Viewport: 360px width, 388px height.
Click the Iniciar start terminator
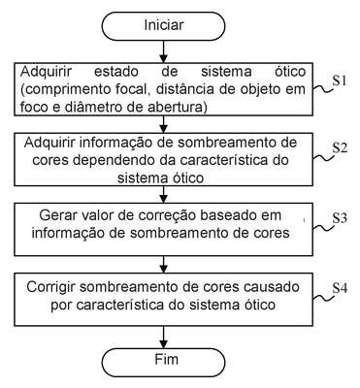tap(163, 26)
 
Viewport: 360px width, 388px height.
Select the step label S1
tap(340, 81)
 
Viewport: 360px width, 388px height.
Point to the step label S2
tap(341, 147)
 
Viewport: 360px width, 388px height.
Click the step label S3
tap(340, 218)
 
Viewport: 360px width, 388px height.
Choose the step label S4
tap(341, 288)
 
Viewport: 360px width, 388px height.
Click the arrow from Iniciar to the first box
tap(164, 51)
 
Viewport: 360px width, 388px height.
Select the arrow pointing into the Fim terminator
tap(164, 337)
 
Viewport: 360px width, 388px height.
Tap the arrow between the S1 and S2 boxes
tap(164, 124)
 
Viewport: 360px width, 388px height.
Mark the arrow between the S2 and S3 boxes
tap(164, 194)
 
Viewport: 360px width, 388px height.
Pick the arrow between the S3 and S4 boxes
tap(164, 264)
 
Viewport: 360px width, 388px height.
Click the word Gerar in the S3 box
tap(53, 215)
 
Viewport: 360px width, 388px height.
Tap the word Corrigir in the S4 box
tap(50, 287)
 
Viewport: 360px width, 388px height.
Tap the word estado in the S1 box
tap(115, 72)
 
